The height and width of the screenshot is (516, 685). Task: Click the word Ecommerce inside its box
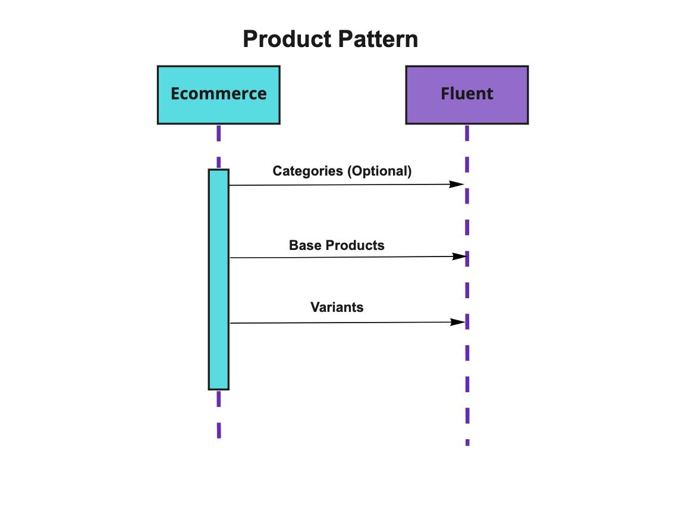[218, 93]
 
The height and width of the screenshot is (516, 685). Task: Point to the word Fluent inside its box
[467, 93]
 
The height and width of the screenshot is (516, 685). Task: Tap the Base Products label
[337, 245]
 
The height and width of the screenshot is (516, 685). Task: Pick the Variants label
[337, 307]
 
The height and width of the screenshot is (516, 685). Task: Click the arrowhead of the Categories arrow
[457, 184]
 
